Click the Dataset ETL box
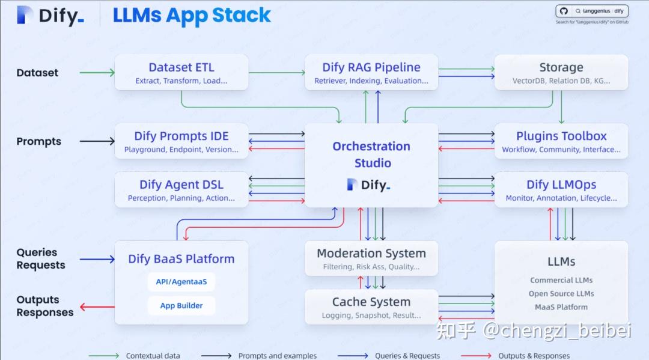coord(181,73)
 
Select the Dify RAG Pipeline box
coord(371,73)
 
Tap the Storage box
coord(561,73)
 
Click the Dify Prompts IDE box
coord(181,141)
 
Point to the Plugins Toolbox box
coord(561,141)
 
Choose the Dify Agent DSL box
coord(181,190)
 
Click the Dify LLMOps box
coord(561,190)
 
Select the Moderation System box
coord(371,258)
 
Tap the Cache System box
coord(371,307)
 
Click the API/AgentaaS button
coord(181,282)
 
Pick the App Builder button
coord(181,305)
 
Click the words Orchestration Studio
coord(371,154)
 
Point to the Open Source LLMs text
coord(561,294)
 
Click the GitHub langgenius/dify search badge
coord(592,11)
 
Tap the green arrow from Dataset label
coord(96,73)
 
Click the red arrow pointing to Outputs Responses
coord(97,307)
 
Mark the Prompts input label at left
coord(38,141)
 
